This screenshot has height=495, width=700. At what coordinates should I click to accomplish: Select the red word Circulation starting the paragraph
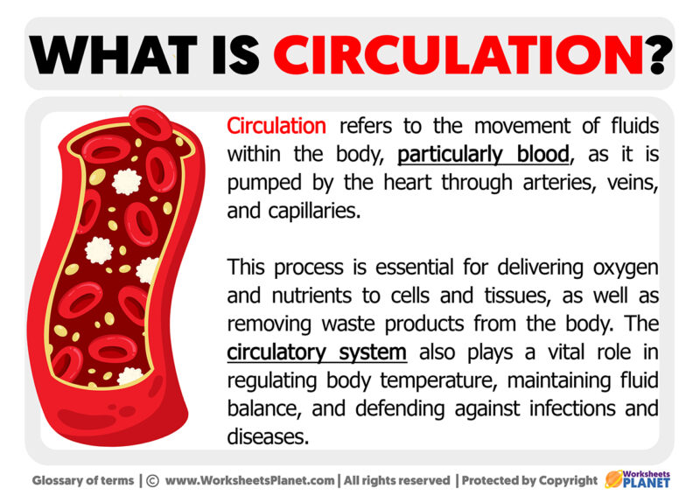pyautogui.click(x=276, y=126)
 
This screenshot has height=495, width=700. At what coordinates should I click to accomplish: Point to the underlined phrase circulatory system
pyautogui.click(x=317, y=352)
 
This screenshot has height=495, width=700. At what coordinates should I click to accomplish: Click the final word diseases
pyautogui.click(x=268, y=437)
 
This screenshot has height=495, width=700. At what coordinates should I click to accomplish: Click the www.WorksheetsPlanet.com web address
pyautogui.click(x=250, y=480)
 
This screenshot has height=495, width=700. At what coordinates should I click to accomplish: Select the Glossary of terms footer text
pyautogui.click(x=82, y=480)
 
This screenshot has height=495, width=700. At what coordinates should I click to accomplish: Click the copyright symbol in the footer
pyautogui.click(x=151, y=480)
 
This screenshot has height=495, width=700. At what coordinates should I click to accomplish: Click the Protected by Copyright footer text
pyautogui.click(x=529, y=480)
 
